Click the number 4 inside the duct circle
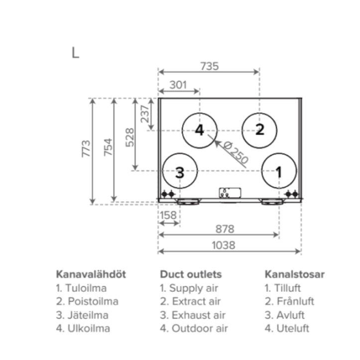pyautogui.click(x=199, y=130)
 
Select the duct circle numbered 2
pyautogui.click(x=259, y=130)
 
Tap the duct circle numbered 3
pyautogui.click(x=180, y=172)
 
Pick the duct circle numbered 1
pyautogui.click(x=279, y=172)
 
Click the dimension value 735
pyautogui.click(x=209, y=66)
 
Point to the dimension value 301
pyautogui.click(x=178, y=85)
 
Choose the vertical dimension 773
pyautogui.click(x=86, y=149)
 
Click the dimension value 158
pyautogui.click(x=168, y=216)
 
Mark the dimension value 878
pyautogui.click(x=224, y=229)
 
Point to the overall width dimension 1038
pyautogui.click(x=225, y=245)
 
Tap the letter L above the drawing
pyautogui.click(x=75, y=53)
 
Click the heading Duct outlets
pyautogui.click(x=191, y=274)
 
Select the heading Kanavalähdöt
pyautogui.click(x=91, y=274)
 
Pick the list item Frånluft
pyautogui.click(x=290, y=301)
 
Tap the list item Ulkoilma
pyautogui.click(x=83, y=329)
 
